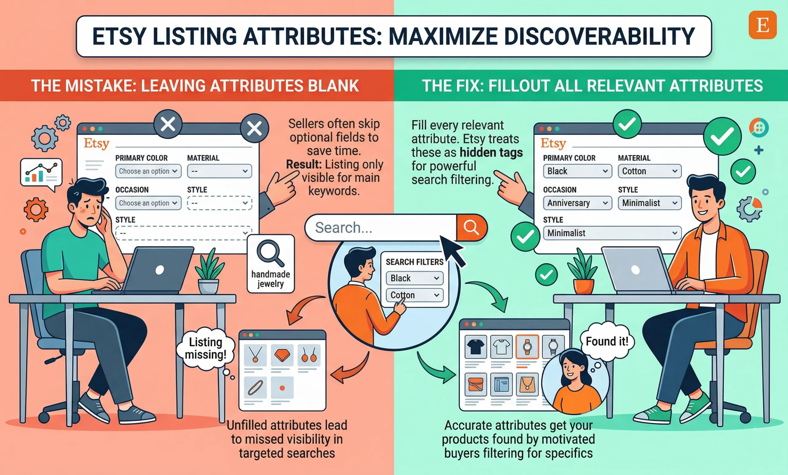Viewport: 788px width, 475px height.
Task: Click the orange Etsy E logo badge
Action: [x=763, y=25]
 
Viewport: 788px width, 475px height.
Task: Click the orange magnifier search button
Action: [x=471, y=227]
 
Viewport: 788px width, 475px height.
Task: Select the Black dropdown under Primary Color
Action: [x=577, y=171]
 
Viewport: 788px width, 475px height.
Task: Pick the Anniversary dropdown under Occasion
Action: [x=577, y=203]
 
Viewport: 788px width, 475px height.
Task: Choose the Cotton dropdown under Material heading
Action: [x=649, y=171]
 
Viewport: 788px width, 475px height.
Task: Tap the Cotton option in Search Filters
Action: [x=414, y=295]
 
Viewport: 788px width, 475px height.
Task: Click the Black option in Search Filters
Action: [x=414, y=278]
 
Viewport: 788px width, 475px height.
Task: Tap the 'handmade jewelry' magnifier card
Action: [x=271, y=264]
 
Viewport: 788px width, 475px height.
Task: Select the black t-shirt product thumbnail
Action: [x=476, y=347]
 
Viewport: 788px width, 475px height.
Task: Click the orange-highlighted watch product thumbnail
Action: [x=527, y=347]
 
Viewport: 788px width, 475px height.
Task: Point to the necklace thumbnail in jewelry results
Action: [x=255, y=355]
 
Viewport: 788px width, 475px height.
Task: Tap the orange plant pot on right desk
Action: [x=583, y=286]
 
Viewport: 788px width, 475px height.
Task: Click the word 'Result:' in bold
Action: [x=304, y=164]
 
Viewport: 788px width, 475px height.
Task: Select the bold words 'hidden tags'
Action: [x=491, y=153]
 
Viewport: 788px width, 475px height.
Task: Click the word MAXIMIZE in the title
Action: [x=443, y=36]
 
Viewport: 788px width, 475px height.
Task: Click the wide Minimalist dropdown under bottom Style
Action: [x=612, y=233]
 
